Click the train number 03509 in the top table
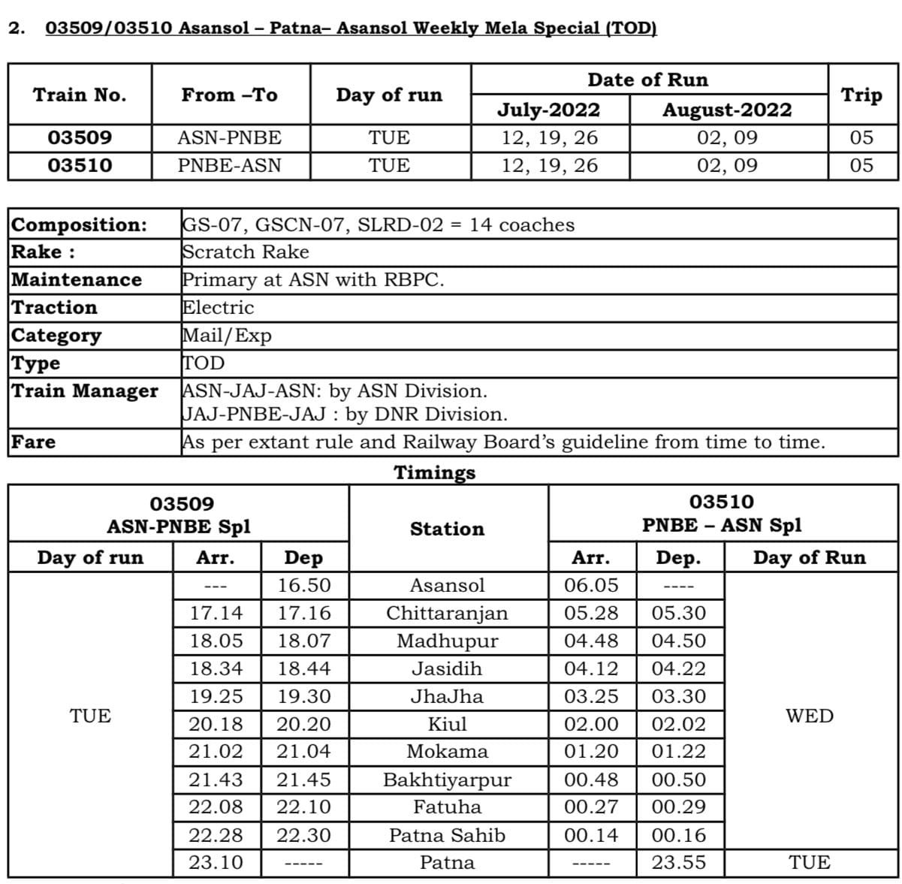[x=80, y=138]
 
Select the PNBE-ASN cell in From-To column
[x=229, y=165]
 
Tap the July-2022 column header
[x=549, y=110]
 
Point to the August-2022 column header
[x=727, y=110]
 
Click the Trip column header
[x=861, y=95]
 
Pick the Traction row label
[x=55, y=308]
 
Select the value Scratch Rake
[x=246, y=252]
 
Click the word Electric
[x=219, y=308]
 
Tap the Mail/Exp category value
[x=227, y=336]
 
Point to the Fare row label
[x=34, y=442]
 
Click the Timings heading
[x=435, y=472]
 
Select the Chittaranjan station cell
[x=447, y=613]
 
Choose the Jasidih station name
[x=447, y=668]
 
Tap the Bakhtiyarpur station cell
[x=447, y=780]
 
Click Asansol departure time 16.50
[x=304, y=585]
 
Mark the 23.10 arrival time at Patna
[x=216, y=862]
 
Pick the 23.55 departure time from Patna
[x=679, y=862]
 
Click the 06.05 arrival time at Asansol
[x=592, y=585]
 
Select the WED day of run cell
[x=810, y=716]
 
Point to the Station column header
[x=447, y=529]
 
